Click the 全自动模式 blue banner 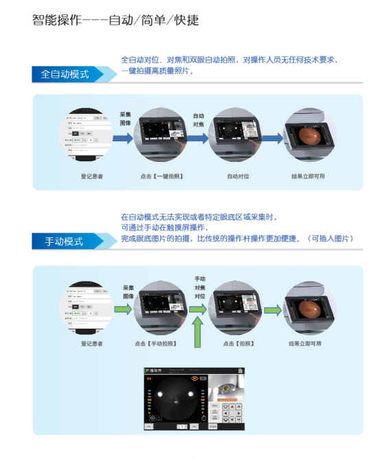[65, 74]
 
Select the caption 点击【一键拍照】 [161, 176]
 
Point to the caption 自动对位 [237, 176]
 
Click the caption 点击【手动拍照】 [160, 343]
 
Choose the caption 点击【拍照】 [238, 343]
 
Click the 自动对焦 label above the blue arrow [198, 121]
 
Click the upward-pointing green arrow [199, 334]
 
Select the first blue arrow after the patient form [123, 138]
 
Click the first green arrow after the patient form [123, 309]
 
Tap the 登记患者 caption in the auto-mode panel [92, 176]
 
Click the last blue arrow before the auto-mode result [273, 138]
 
